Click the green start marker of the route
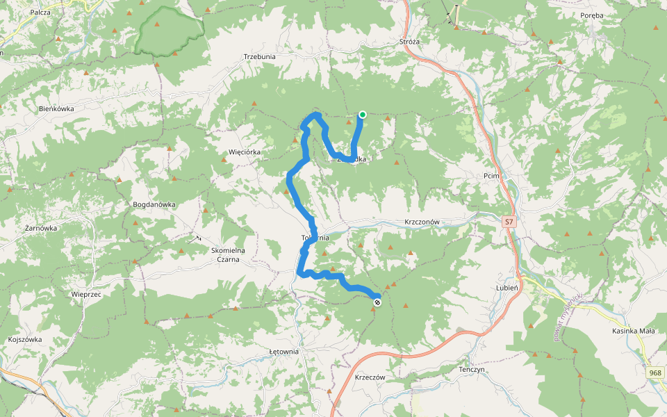pyautogui.click(x=363, y=115)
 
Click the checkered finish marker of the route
pyautogui.click(x=377, y=302)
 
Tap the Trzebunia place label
pyautogui.click(x=260, y=56)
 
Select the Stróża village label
pyautogui.click(x=410, y=42)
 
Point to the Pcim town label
pyautogui.click(x=492, y=177)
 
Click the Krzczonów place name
pyautogui.click(x=422, y=222)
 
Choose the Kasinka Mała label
pyautogui.click(x=634, y=331)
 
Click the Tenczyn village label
pyautogui.click(x=471, y=370)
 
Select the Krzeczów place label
pyautogui.click(x=370, y=377)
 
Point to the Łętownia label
pyautogui.click(x=283, y=352)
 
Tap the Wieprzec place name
pyautogui.click(x=87, y=294)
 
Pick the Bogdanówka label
pyautogui.click(x=154, y=205)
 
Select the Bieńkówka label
pyautogui.click(x=56, y=109)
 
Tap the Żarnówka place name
pyautogui.click(x=40, y=228)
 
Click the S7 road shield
pyautogui.click(x=509, y=222)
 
